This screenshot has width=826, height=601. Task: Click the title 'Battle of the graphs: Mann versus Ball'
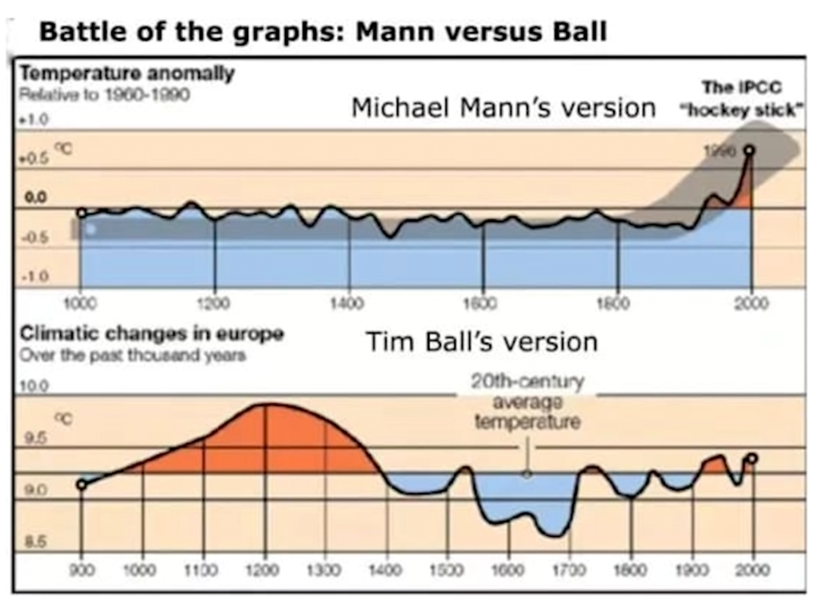(323, 32)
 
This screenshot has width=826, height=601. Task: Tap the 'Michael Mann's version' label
(503, 107)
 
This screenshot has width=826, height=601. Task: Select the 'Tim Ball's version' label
(482, 342)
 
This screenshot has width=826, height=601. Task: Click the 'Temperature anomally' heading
(126, 74)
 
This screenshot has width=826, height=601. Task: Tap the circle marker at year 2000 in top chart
(750, 150)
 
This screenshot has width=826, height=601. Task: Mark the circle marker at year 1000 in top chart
(81, 213)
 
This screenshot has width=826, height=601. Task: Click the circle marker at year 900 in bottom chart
(81, 484)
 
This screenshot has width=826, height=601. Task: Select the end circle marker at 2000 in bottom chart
(752, 459)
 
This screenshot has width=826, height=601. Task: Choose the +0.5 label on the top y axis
(33, 158)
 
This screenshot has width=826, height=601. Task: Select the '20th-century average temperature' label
(527, 401)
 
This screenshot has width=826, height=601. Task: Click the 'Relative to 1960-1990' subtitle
(104, 94)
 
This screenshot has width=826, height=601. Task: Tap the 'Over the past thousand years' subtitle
(131, 356)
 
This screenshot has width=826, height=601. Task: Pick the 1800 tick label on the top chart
(617, 303)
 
